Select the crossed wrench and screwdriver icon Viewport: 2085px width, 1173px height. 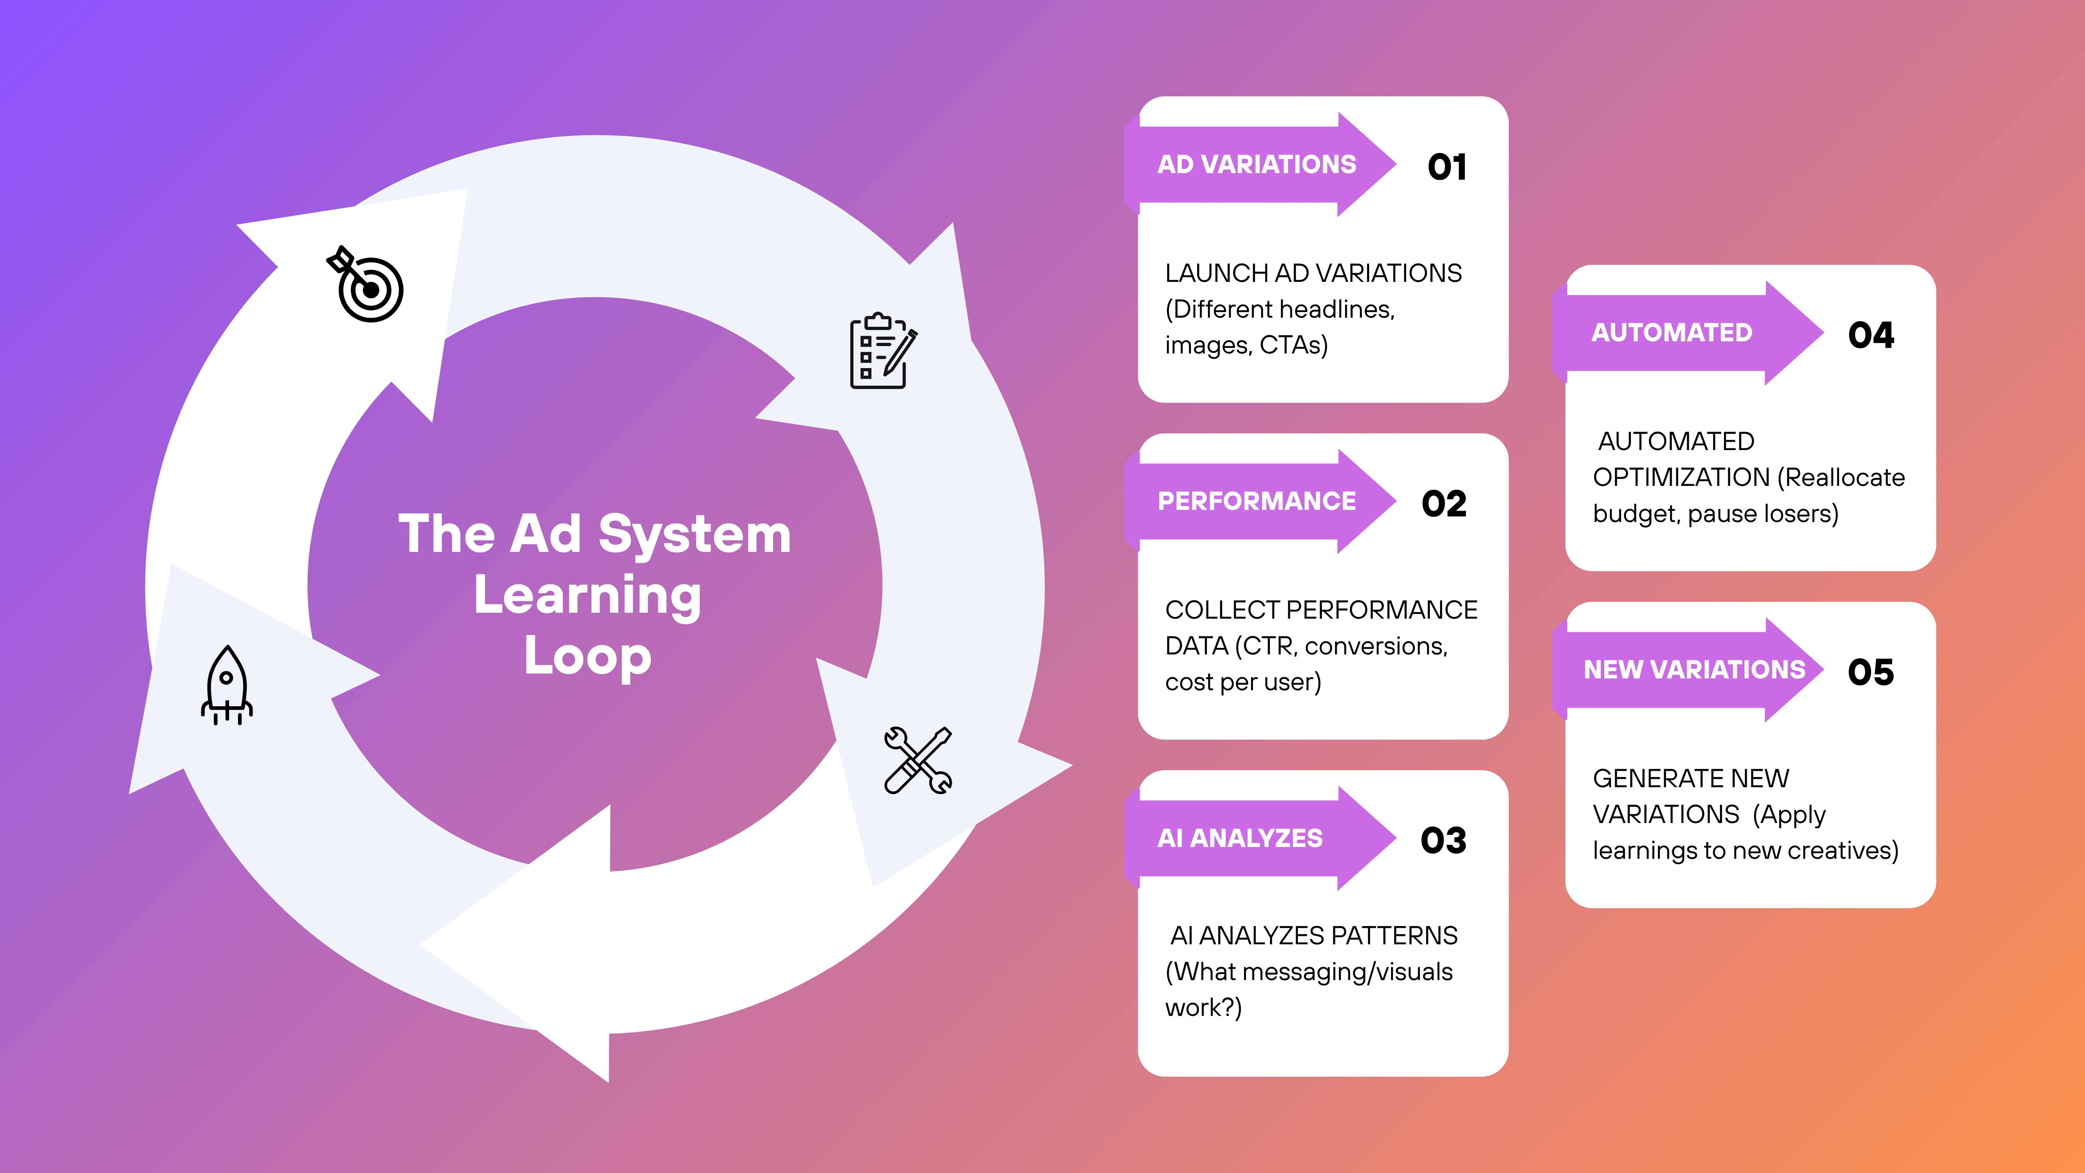point(918,760)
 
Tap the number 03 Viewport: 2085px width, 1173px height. point(1443,840)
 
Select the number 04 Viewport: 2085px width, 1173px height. point(1871,335)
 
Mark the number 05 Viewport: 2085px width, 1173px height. point(1871,672)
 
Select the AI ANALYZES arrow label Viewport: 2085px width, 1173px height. point(1240,838)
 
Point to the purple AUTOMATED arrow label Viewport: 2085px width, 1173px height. point(1672,333)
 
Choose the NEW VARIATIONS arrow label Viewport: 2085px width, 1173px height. point(1694,669)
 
